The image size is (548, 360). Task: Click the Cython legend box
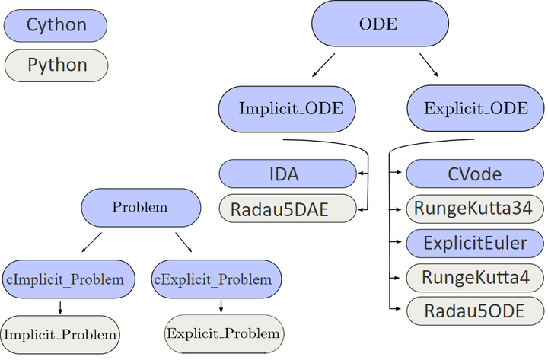[56, 26]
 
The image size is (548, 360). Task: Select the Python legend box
[56, 65]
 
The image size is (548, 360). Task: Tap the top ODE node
[378, 24]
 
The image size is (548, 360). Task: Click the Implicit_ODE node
[291, 109]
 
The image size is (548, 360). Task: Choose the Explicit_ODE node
[476, 109]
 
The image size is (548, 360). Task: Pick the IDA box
[288, 174]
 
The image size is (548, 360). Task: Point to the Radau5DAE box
[288, 209]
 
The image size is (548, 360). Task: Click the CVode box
[476, 174]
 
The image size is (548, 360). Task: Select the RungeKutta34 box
[476, 208]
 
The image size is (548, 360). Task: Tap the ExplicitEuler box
[476, 244]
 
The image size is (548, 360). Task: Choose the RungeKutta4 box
[476, 278]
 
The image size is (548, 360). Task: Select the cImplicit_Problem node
[68, 279]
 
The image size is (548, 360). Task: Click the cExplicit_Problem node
[216, 279]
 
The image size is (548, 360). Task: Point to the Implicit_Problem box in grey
[61, 333]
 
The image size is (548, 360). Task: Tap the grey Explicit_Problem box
[224, 333]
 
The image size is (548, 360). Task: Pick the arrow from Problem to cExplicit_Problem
[183, 242]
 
